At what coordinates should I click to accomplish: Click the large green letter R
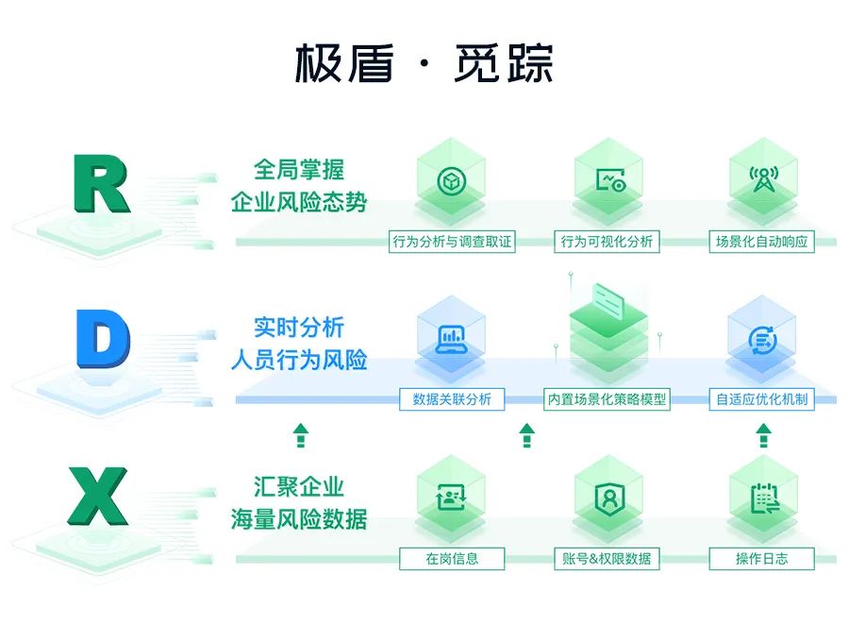pos(101,183)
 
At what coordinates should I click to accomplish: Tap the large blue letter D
pos(103,339)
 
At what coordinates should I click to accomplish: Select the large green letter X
pos(98,496)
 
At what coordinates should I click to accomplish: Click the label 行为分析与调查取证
pos(452,242)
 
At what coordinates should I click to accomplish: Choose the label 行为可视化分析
pos(607,242)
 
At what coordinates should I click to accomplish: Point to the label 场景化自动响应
pos(762,242)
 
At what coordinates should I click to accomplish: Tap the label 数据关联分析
pos(452,399)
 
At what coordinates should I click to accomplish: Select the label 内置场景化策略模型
pos(607,399)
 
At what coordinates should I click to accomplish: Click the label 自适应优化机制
pos(762,399)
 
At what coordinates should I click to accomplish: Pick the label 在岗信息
pos(452,559)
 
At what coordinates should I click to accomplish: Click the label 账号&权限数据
pos(607,559)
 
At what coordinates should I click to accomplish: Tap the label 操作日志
pos(762,559)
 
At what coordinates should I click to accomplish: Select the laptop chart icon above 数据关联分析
pos(452,340)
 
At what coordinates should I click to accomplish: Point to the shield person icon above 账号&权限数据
pos(609,498)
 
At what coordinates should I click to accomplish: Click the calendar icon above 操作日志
pos(765,498)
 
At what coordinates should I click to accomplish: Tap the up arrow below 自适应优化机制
pos(763,435)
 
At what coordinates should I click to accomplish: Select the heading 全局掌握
pos(299,170)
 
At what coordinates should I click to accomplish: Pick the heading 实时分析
pos(299,328)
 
